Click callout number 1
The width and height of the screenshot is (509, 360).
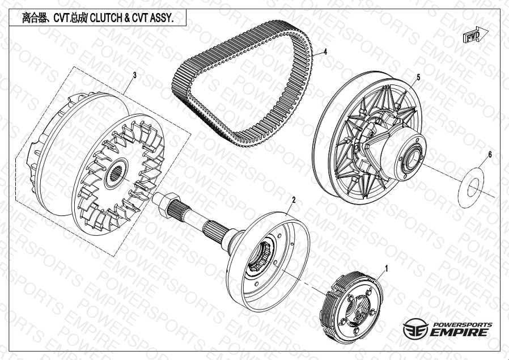[387, 269]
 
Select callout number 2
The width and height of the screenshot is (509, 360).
[294, 200]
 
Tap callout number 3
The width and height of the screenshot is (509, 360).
[135, 75]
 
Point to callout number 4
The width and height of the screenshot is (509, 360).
[325, 52]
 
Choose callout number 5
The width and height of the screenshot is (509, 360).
[418, 77]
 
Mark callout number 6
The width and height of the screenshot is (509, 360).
[490, 155]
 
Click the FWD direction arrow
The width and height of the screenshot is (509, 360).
[475, 35]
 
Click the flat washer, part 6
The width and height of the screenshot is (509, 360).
[471, 188]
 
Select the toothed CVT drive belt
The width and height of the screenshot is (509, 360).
[242, 83]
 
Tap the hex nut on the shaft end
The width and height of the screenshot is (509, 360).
[168, 205]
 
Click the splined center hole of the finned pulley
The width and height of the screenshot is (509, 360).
[116, 173]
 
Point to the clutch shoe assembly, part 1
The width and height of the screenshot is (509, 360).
[351, 307]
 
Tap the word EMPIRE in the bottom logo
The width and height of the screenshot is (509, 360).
[459, 332]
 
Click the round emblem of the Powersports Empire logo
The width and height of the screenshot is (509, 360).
[415, 329]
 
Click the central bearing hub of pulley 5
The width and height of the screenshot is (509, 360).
[412, 158]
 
